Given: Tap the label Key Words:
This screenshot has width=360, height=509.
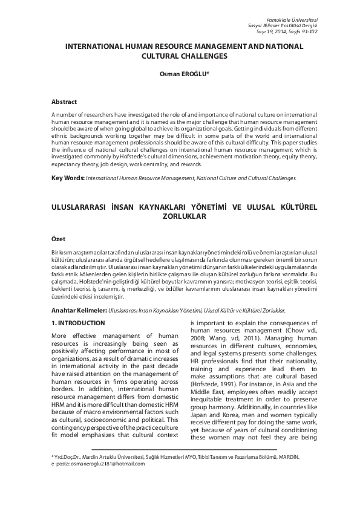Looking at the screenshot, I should pyautogui.click(x=68, y=179).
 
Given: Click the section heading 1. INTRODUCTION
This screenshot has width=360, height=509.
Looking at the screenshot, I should pyautogui.click(x=78, y=323).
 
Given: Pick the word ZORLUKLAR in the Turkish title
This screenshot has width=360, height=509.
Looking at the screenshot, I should pyautogui.click(x=180, y=216).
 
